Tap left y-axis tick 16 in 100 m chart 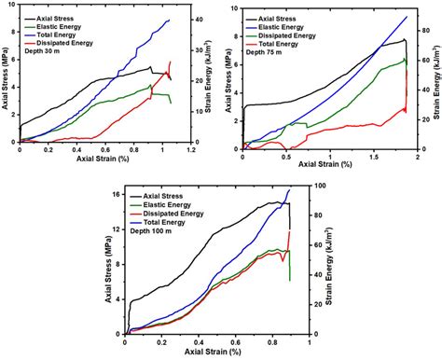pos(117,195)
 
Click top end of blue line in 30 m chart pos(169,20)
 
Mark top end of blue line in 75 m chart pos(407,16)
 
